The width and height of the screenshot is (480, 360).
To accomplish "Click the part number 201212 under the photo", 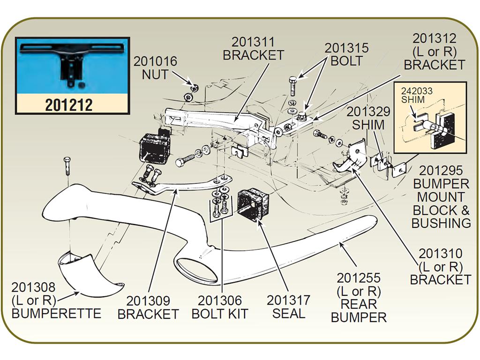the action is [x=69, y=105].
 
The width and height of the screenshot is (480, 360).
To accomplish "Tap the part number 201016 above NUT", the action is [x=155, y=61].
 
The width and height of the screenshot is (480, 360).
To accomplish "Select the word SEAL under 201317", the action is [x=289, y=314].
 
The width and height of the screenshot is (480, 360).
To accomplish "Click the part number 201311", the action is [x=254, y=42].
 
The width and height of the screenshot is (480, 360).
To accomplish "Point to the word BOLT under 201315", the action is [x=346, y=61].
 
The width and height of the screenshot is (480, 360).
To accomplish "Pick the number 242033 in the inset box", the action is [x=417, y=91].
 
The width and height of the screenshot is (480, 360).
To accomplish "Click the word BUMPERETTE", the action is [x=56, y=314].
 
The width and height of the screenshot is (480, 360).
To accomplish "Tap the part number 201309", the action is [x=148, y=301].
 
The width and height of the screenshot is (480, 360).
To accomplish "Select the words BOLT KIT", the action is [x=220, y=314].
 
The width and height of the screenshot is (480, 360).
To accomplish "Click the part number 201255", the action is [x=359, y=278].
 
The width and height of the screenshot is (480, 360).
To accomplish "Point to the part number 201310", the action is [x=441, y=254].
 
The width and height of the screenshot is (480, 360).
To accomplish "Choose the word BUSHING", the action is [x=441, y=223].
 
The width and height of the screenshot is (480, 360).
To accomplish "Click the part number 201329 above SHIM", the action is [x=368, y=112].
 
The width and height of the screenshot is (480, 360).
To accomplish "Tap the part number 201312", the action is [x=435, y=38].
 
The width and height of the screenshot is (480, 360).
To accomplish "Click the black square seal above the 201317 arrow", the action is [x=253, y=204].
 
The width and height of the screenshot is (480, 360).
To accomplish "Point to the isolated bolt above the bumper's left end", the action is [x=67, y=165].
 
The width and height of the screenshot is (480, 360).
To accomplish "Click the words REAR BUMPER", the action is [x=359, y=311].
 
